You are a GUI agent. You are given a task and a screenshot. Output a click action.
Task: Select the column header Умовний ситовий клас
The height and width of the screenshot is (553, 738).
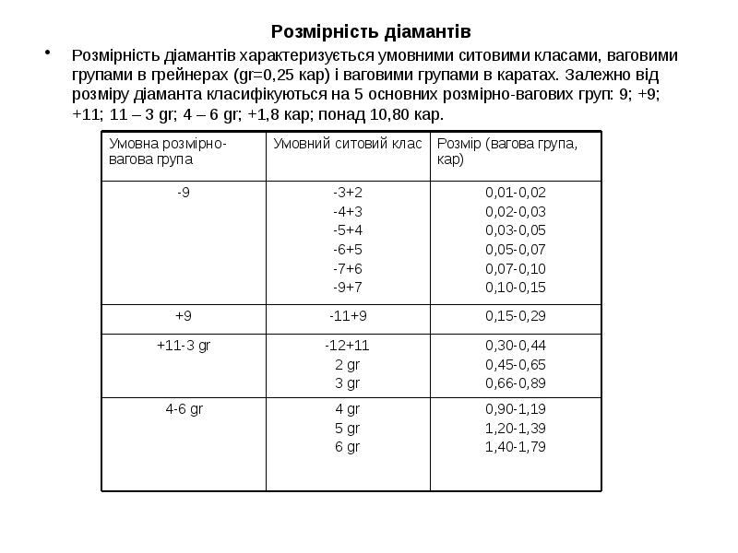click(348, 143)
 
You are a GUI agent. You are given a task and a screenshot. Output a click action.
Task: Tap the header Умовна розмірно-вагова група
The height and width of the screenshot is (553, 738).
click(169, 151)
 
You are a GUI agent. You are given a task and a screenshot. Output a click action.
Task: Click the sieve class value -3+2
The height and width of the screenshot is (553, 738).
click(348, 192)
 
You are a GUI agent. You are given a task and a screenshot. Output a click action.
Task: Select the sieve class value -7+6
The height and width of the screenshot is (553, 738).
click(348, 268)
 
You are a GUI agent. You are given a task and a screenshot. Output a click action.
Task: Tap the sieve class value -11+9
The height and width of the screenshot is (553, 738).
click(348, 316)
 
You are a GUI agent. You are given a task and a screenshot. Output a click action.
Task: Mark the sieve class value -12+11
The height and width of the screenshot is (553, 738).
click(348, 345)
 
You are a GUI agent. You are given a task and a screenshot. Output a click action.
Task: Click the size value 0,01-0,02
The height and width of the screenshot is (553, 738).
click(516, 192)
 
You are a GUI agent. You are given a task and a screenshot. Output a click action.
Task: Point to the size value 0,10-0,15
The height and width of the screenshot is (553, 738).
click(516, 288)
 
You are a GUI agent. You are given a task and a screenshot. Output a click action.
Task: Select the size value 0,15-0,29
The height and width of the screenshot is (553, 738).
click(516, 316)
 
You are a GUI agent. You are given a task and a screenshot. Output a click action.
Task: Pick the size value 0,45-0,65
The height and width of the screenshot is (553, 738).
click(516, 364)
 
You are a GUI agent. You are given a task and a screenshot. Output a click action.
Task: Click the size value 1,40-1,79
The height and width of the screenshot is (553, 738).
click(516, 447)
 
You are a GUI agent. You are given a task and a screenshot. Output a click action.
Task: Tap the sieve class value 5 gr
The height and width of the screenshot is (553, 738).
click(348, 428)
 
